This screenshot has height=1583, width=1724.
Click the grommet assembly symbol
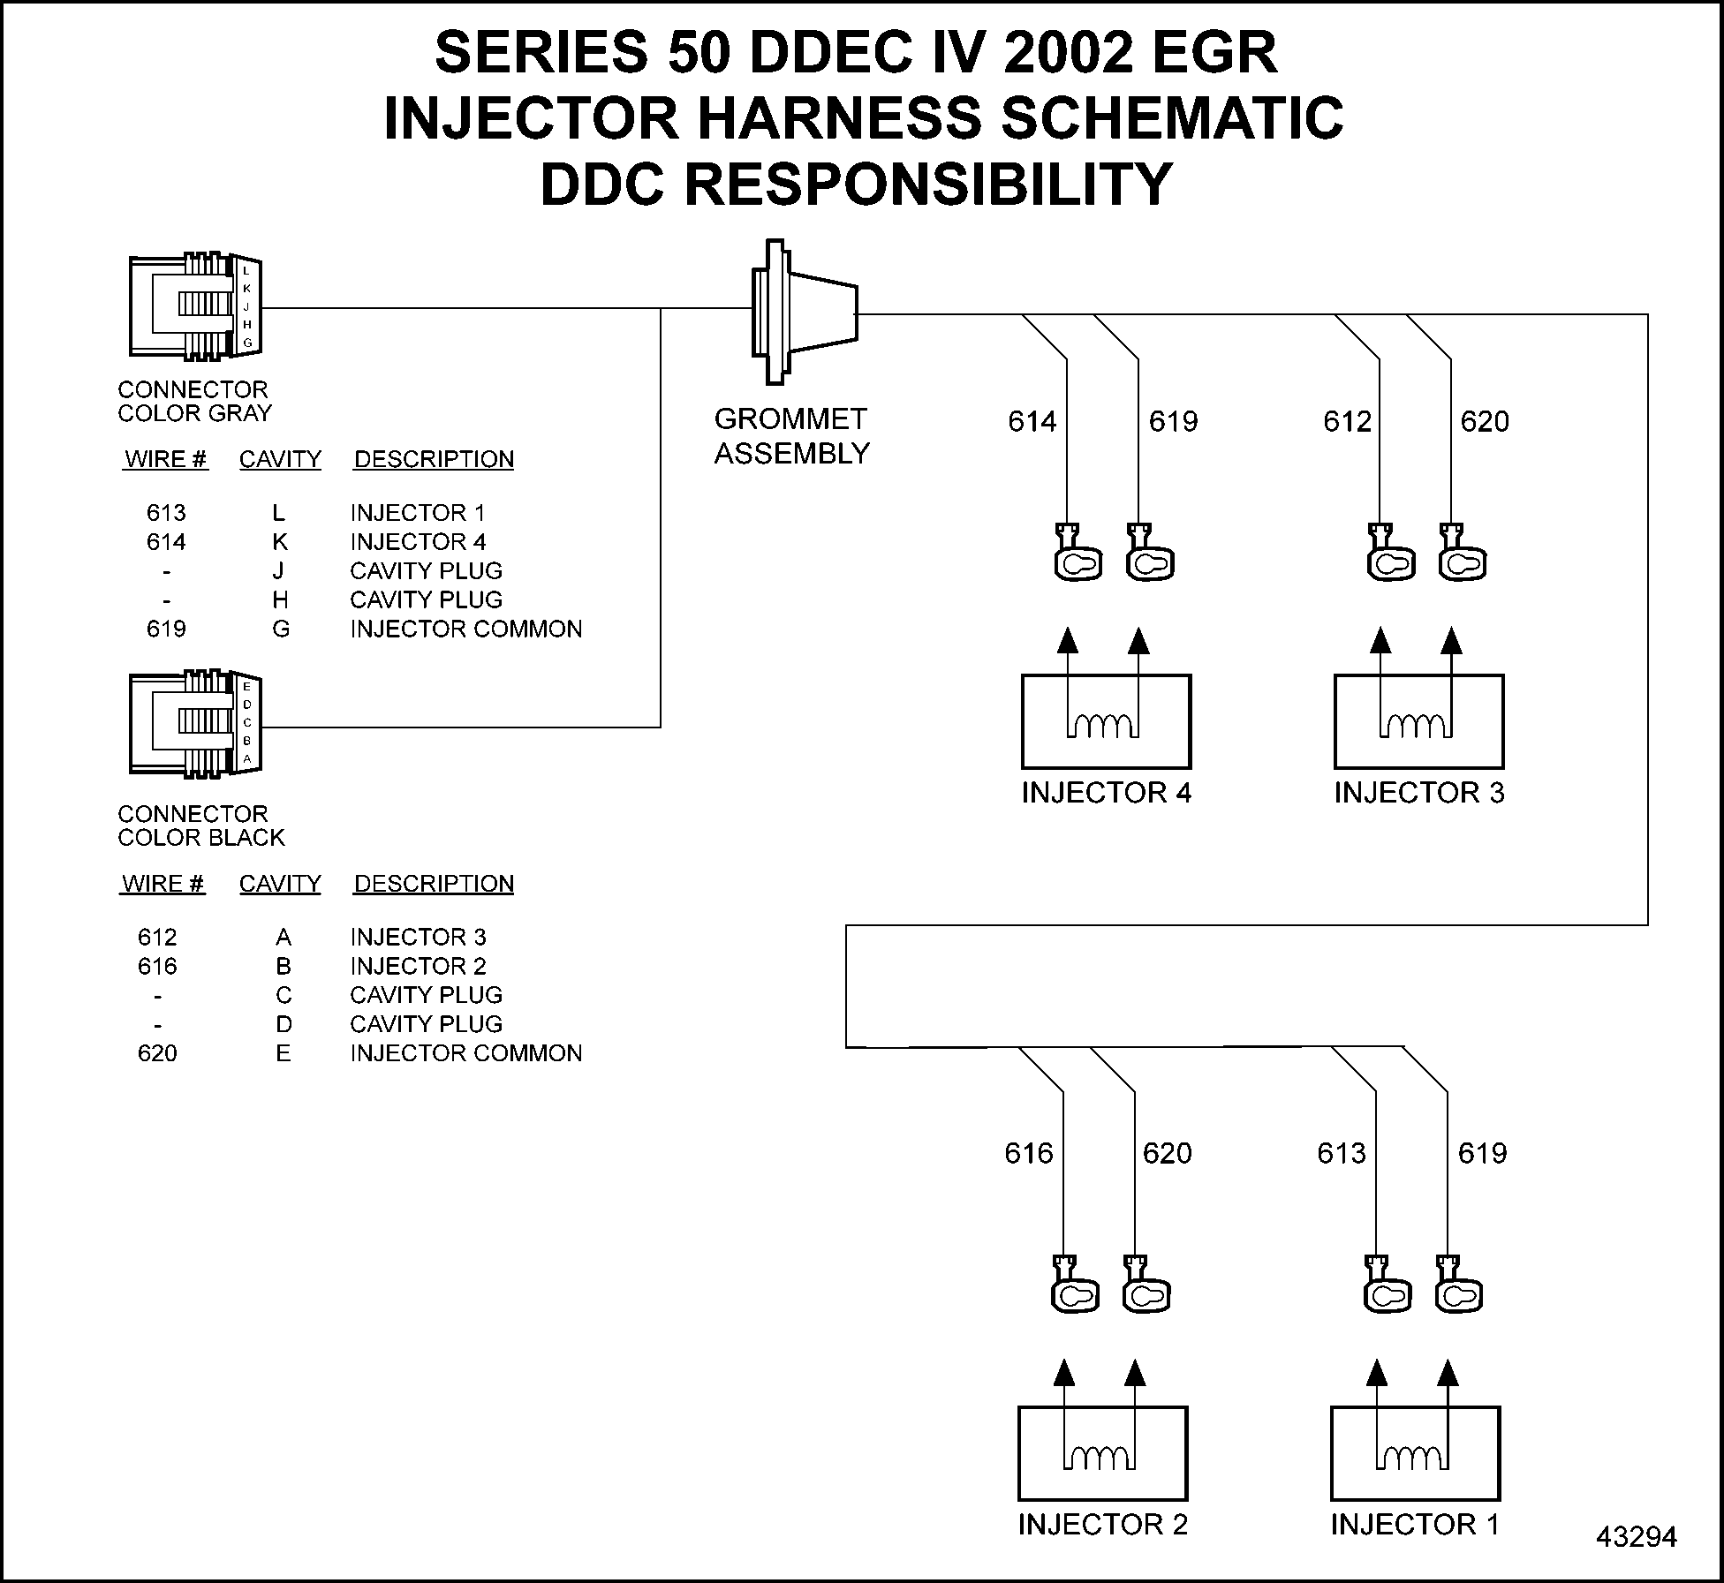(804, 312)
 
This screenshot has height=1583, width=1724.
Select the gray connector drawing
(195, 307)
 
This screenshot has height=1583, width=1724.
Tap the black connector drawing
(195, 726)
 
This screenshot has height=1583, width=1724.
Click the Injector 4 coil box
(1106, 721)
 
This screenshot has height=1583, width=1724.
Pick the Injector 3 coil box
(1418, 721)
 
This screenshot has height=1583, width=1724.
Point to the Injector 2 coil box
(1102, 1453)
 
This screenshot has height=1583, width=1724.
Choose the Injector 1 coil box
(1415, 1453)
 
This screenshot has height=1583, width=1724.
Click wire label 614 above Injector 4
(1032, 422)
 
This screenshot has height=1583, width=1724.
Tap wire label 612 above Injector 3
(1347, 422)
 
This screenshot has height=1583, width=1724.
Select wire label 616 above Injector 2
(1028, 1153)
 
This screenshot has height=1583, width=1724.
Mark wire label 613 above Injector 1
(1341, 1153)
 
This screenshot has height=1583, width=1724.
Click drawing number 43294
(1636, 1537)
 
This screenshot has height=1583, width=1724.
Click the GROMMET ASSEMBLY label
(791, 436)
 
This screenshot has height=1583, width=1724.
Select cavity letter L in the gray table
(279, 513)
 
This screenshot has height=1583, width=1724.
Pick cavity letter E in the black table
(283, 1053)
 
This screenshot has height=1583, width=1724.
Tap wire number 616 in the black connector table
(157, 966)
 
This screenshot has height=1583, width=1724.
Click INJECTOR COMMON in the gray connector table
(465, 629)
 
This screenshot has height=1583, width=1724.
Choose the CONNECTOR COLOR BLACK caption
(200, 825)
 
